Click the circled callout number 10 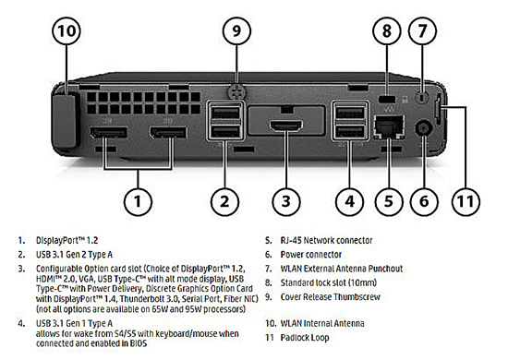point(67,30)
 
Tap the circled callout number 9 point(236,30)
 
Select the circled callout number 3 point(286,201)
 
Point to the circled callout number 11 point(466,201)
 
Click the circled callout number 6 point(424,201)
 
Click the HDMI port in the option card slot point(286,126)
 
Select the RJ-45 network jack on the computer point(389,126)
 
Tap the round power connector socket point(424,129)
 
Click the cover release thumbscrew point(236,92)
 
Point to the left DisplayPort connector point(109,133)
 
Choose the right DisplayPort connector point(168,133)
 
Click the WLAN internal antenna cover point(65,120)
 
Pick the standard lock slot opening point(387,99)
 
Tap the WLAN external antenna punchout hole point(421,97)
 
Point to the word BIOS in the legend point(139,343)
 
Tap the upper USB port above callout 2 point(225,113)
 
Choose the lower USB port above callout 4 point(350,132)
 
